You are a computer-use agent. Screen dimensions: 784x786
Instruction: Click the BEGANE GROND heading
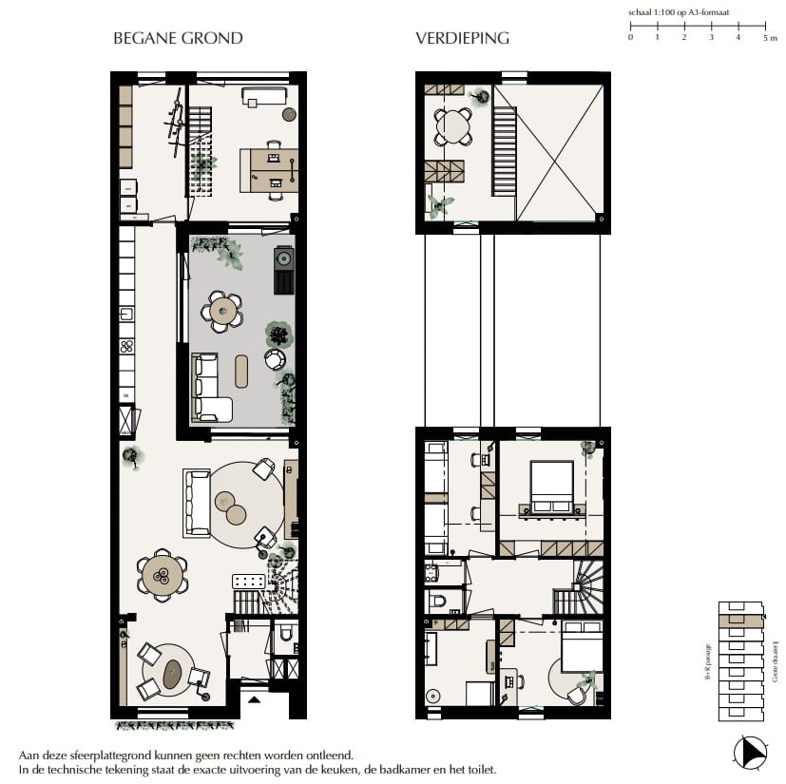coord(178,39)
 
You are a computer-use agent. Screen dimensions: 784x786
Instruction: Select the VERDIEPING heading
coord(462,39)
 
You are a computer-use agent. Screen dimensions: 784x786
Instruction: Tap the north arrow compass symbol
coord(748,753)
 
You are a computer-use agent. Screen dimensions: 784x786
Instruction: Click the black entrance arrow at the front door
coord(254,698)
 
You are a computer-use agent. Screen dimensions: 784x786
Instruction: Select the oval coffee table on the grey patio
coord(241,369)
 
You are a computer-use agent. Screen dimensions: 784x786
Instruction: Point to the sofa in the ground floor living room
coord(198,502)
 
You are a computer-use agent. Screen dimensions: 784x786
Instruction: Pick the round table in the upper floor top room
coord(453,126)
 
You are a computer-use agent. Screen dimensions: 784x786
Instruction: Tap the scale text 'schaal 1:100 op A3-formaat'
coord(685,14)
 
